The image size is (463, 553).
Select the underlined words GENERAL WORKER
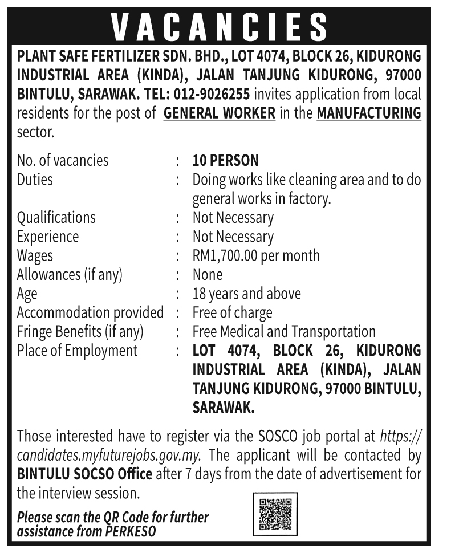point(220,113)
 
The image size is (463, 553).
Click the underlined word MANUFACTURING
point(369,113)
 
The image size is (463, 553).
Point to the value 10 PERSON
point(225,160)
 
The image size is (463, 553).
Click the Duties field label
point(35,180)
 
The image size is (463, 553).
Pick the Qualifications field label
point(56,217)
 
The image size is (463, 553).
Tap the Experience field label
point(48,237)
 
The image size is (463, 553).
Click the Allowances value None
point(208,274)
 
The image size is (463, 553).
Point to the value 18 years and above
point(246,294)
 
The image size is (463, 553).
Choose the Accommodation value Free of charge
point(232,312)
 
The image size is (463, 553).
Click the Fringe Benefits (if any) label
point(80,331)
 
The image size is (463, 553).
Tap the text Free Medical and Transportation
point(284,331)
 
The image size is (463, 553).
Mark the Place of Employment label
point(78,351)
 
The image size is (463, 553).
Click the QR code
point(275,515)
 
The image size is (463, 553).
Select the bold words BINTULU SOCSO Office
point(85,474)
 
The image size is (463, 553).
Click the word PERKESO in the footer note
point(130,531)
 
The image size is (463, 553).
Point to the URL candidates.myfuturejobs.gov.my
point(112,455)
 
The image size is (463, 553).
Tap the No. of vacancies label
point(63,160)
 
